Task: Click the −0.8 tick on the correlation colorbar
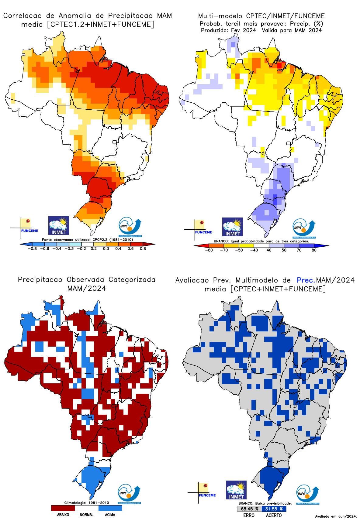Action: click(x=32, y=248)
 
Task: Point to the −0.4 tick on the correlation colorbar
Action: click(x=57, y=248)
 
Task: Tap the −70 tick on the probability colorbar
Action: click(x=224, y=250)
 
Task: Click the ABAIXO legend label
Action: click(x=63, y=515)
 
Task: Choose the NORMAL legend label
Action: click(x=87, y=515)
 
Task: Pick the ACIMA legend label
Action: click(x=110, y=515)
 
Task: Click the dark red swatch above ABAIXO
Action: click(x=63, y=508)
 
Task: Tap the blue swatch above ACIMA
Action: click(x=110, y=508)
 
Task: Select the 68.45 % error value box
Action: click(x=249, y=509)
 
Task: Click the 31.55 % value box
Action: click(x=274, y=509)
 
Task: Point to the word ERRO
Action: click(x=249, y=515)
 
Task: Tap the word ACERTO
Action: click(x=274, y=515)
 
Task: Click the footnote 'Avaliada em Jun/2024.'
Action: click(x=336, y=516)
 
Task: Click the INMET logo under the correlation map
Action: click(x=59, y=225)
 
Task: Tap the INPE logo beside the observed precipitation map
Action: click(x=129, y=494)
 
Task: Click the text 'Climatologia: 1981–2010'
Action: click(x=87, y=503)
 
